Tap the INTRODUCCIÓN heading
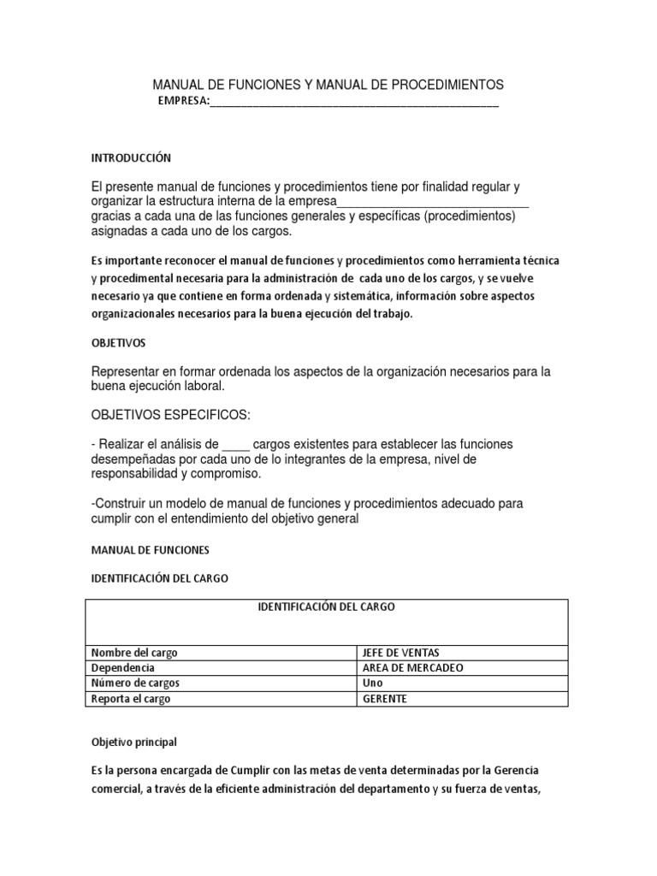point(132,158)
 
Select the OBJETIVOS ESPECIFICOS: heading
point(171,416)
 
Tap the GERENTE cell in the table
point(385,699)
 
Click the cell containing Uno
point(374,684)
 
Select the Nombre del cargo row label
point(134,653)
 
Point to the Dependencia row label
point(123,668)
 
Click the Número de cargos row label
point(136,684)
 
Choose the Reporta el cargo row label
point(131,699)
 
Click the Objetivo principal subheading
point(134,743)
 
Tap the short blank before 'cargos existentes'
point(236,444)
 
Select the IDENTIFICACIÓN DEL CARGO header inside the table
point(327,607)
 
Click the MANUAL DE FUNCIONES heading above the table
point(150,550)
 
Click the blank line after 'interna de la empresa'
point(434,202)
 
